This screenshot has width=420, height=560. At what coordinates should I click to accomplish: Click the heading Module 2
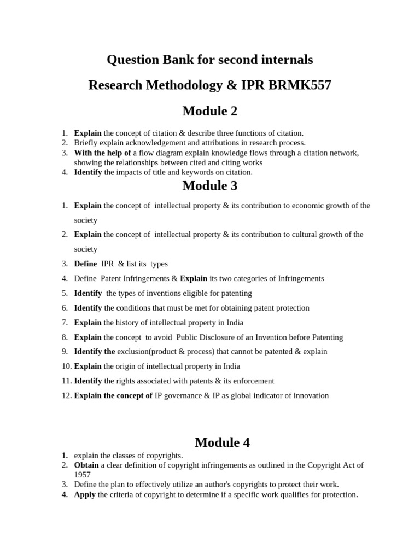point(210,111)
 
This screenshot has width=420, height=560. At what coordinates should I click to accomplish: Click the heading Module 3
point(210,186)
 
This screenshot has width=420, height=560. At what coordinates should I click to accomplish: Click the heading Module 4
point(222,442)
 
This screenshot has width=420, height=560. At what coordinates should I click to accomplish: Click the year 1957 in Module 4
point(83,475)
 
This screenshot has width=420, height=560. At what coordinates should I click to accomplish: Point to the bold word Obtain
point(86,465)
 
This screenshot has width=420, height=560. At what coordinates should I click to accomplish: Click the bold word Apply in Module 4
point(85,494)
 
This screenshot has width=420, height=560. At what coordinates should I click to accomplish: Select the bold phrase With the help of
point(102,153)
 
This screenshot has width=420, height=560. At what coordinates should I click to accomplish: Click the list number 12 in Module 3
point(66,395)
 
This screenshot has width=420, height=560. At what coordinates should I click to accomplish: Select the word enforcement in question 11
point(253,381)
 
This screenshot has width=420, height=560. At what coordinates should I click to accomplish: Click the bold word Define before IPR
point(85,264)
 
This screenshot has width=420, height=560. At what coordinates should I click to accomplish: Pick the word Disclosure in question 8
point(232,337)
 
